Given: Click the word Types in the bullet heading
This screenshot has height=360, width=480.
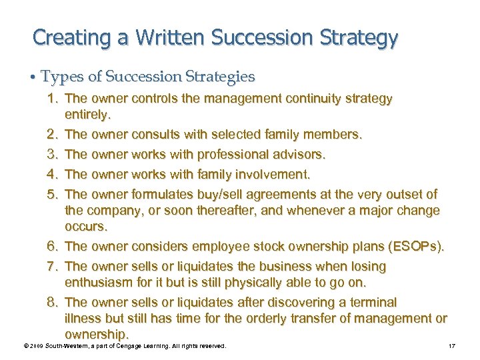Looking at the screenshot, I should pyautogui.click(x=58, y=77).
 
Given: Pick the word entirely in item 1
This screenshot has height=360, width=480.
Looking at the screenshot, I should pyautogui.click(x=86, y=115).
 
